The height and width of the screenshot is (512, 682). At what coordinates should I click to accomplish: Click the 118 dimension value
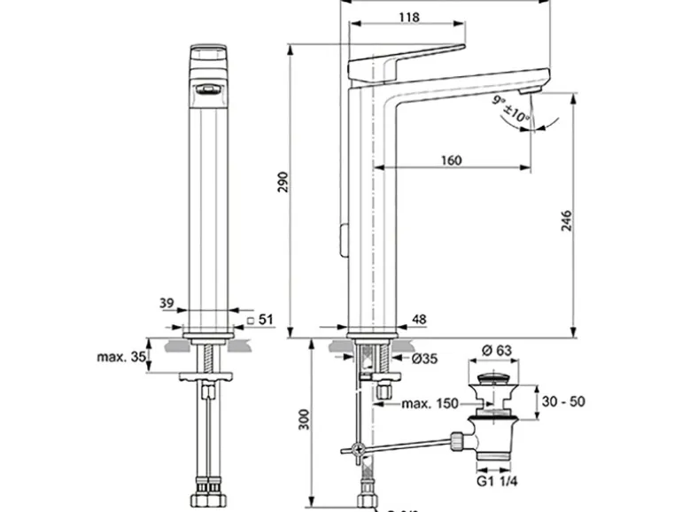[x=407, y=18]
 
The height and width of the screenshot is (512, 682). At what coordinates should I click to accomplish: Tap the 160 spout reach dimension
[x=450, y=160]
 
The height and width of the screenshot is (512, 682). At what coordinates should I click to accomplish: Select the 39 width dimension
[x=167, y=303]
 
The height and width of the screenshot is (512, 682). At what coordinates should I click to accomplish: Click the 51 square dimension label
[x=263, y=320]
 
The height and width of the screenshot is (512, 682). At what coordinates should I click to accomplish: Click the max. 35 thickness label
[x=120, y=358]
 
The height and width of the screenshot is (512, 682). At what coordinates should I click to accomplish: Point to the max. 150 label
[x=430, y=404]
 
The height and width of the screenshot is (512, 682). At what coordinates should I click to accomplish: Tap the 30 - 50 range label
[x=563, y=401]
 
